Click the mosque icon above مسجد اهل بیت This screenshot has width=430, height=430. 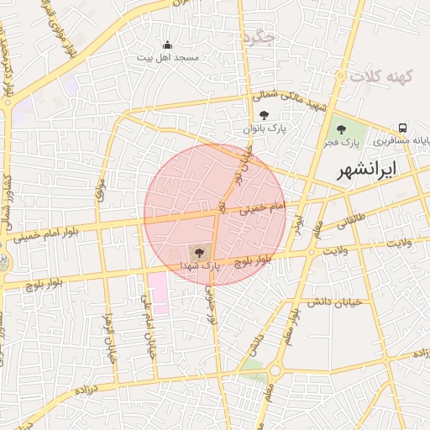click(167, 45)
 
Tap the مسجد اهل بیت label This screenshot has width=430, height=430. click(168, 57)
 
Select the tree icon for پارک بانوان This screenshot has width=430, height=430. click(264, 115)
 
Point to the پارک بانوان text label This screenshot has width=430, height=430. click(265, 128)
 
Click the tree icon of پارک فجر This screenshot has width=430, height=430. click(341, 128)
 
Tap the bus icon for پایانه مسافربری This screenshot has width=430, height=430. click(404, 128)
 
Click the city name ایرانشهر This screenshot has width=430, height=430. click(368, 170)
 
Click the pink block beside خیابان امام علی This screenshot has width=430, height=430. click(157, 293)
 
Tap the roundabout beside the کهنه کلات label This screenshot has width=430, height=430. click(342, 75)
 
